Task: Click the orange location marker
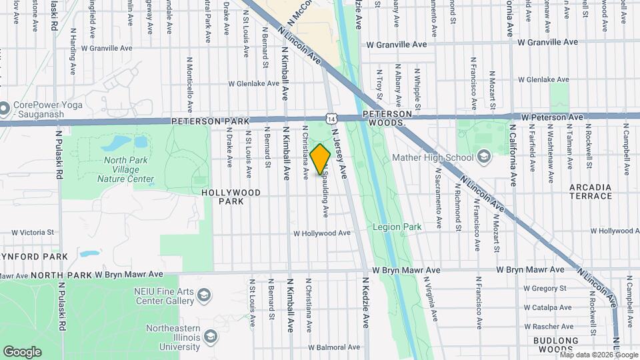[x=321, y=159]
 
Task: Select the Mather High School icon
[x=483, y=157]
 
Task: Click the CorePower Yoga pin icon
[x=5, y=107]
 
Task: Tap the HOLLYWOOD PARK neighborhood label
[x=231, y=197]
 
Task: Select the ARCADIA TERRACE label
[x=591, y=191]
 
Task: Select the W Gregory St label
[x=545, y=288]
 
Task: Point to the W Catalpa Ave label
[x=547, y=307]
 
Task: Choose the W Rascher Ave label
[x=547, y=327]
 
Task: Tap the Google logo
[x=22, y=352]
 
